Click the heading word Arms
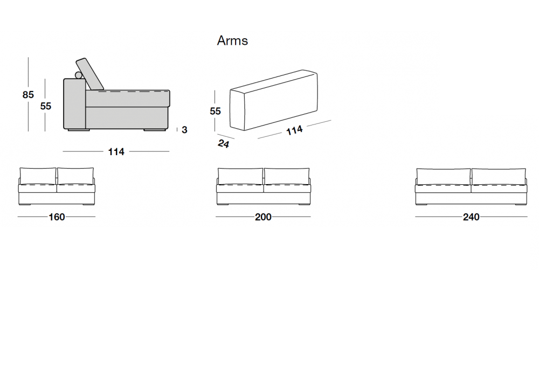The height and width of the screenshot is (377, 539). tap(232, 40)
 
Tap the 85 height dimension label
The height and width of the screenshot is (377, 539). tap(28, 94)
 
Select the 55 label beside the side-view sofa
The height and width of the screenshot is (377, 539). tap(45, 106)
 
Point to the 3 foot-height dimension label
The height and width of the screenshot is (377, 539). tap(184, 130)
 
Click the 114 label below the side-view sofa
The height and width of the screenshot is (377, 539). tap(116, 152)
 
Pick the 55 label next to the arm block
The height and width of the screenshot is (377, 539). tap(215, 111)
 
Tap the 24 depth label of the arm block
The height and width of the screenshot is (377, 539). tap(224, 143)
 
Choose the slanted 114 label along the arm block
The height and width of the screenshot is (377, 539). tap(295, 130)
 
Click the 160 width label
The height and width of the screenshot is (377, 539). tap(57, 217)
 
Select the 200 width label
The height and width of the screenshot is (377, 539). tap(263, 217)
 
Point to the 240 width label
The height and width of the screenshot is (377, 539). tap(471, 217)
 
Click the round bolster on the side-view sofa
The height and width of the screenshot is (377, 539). tap(79, 75)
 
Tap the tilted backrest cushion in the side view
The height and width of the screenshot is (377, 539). tap(89, 74)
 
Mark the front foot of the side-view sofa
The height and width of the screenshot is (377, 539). tap(154, 130)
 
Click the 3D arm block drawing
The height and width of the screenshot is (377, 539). tap(274, 100)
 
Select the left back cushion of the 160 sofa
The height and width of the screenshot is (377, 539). tap(38, 176)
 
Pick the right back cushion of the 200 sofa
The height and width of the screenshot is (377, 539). tap(287, 176)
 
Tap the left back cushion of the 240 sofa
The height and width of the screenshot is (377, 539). tap(444, 177)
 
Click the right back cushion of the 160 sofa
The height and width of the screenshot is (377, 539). tap(75, 176)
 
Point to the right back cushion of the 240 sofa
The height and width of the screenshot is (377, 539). tap(499, 177)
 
